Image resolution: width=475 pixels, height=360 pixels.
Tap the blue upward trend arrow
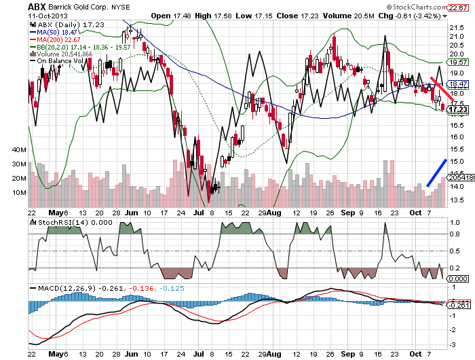(x=436, y=172)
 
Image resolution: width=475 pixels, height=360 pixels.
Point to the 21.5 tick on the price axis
(x=457, y=28)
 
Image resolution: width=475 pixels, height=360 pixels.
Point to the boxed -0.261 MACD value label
(x=459, y=306)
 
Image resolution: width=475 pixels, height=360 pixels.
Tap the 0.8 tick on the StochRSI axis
(x=455, y=235)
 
